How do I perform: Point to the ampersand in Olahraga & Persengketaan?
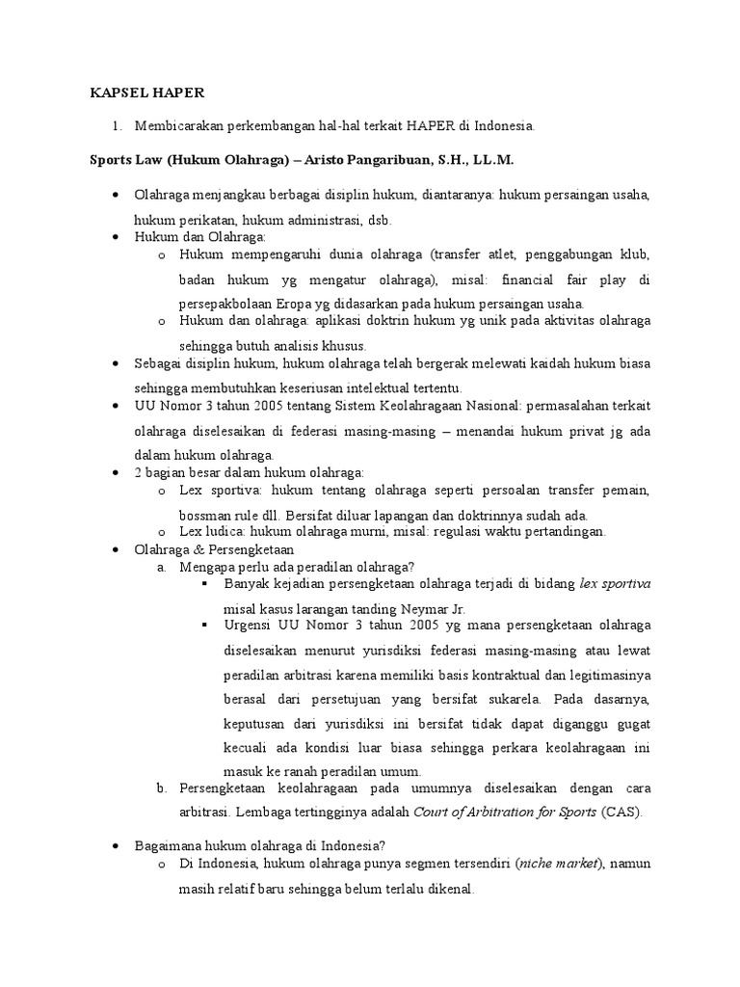[x=198, y=548]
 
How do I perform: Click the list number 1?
[x=117, y=126]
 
